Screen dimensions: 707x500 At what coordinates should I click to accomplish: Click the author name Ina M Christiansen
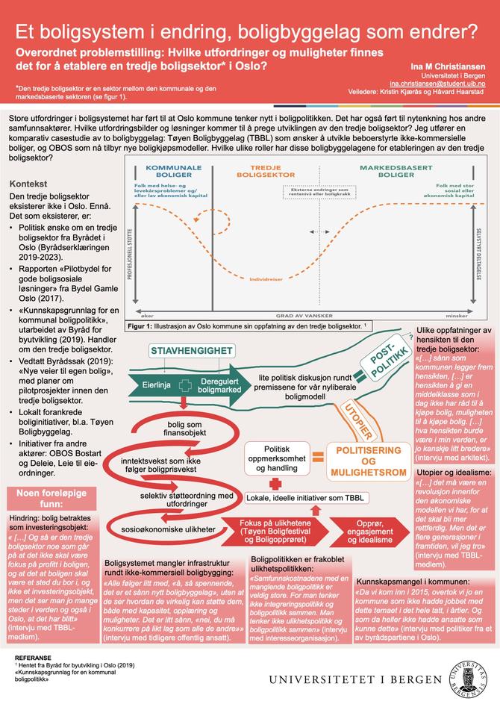[444, 66]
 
